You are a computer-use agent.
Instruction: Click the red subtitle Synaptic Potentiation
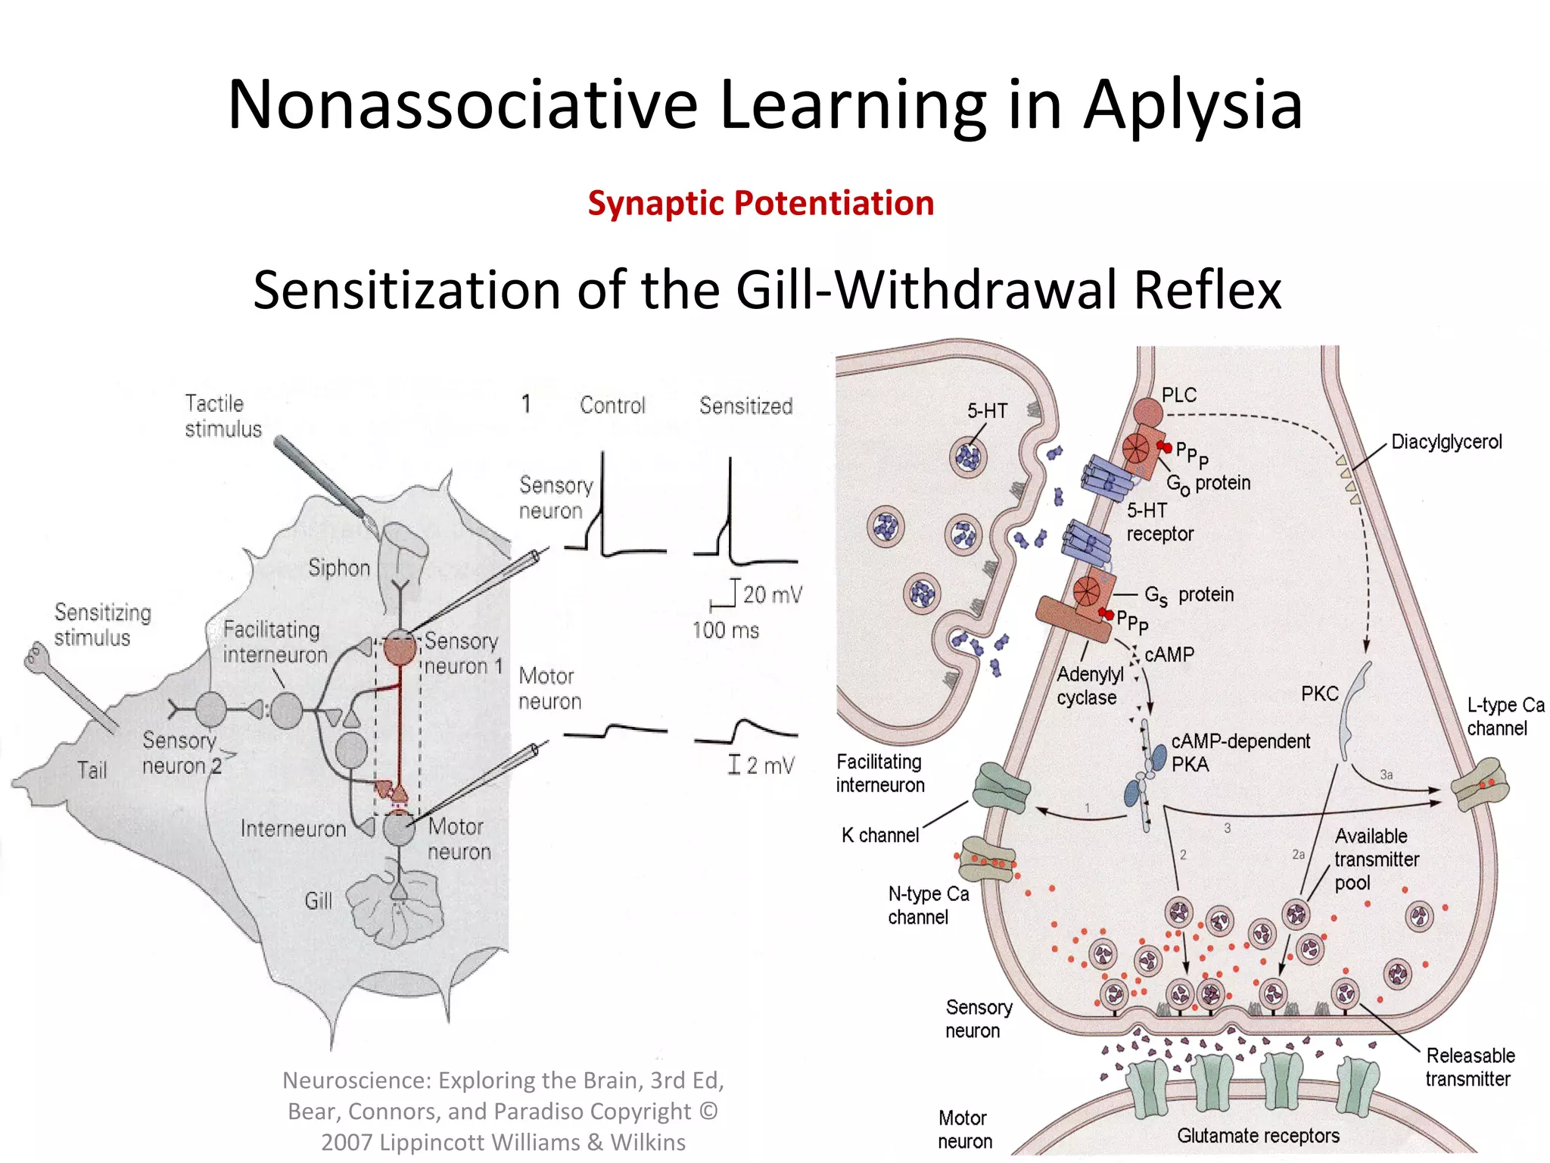(761, 204)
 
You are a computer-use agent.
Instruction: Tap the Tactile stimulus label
(223, 416)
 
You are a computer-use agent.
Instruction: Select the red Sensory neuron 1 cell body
(400, 648)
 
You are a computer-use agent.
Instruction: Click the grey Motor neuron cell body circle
(398, 828)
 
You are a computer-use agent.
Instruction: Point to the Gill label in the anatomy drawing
(318, 901)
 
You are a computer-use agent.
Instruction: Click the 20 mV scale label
(771, 594)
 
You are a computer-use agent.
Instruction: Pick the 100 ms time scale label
(725, 630)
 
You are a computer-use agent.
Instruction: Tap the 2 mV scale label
(770, 765)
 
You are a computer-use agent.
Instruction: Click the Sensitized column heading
(745, 406)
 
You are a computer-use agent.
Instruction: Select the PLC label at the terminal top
(1178, 395)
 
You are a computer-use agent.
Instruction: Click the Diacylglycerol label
(1446, 442)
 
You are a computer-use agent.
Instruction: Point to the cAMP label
(1169, 654)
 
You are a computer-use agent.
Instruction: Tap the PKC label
(1319, 694)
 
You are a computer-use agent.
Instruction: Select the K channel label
(879, 835)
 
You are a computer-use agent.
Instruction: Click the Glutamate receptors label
(1258, 1136)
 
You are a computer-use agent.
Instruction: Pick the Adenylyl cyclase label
(1089, 686)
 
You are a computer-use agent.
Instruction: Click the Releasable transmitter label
(1470, 1067)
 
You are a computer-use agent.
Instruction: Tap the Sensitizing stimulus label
(102, 625)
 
